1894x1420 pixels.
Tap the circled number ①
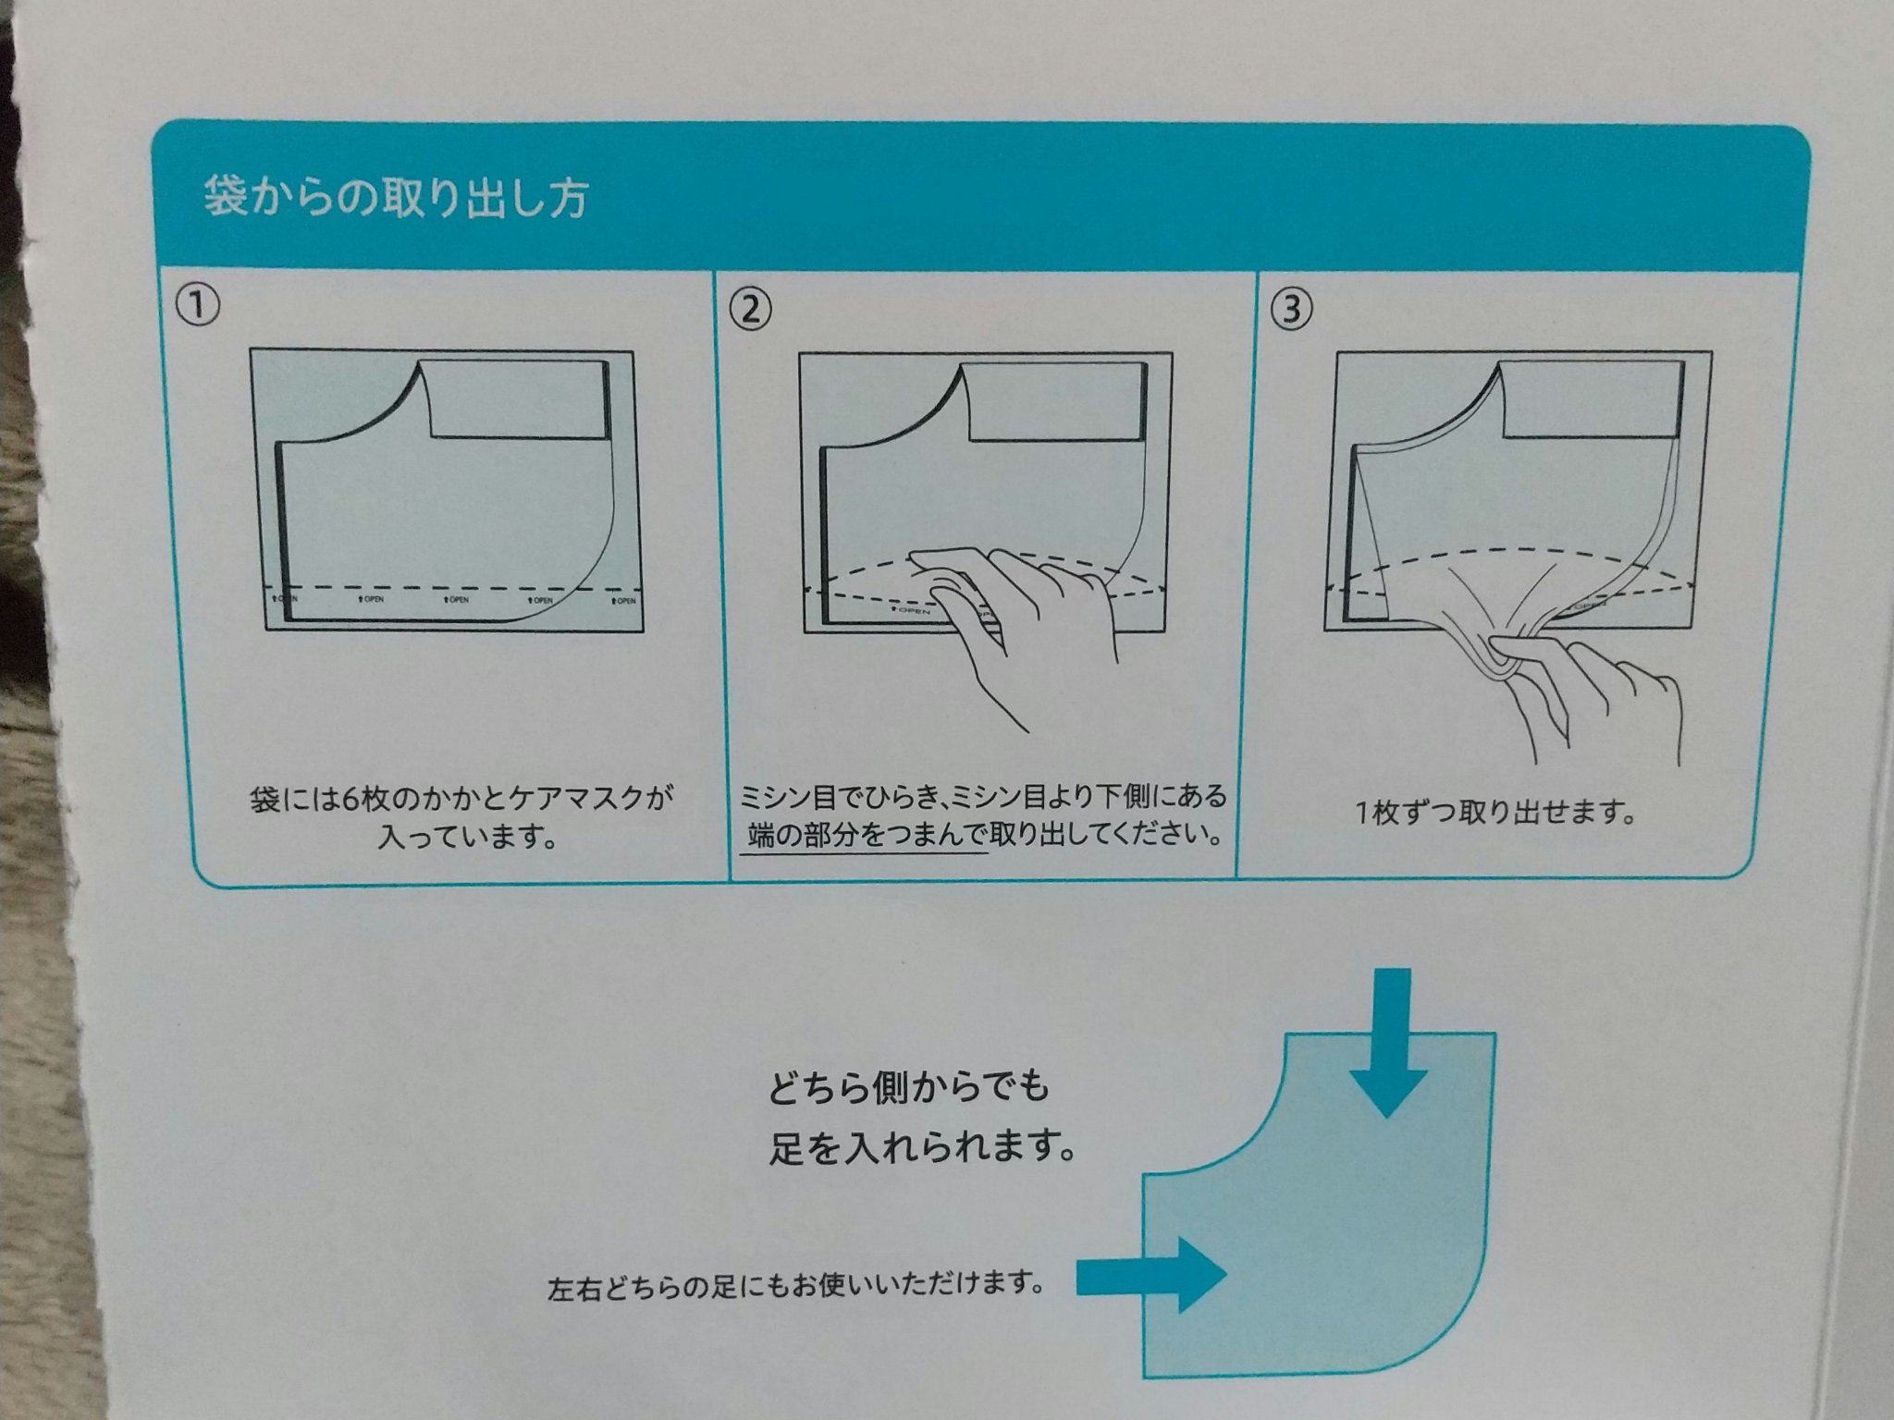[198, 306]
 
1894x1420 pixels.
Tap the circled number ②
[750, 309]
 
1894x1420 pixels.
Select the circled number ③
[1292, 310]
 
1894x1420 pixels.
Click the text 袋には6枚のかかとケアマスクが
[461, 798]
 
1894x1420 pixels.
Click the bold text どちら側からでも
[909, 1087]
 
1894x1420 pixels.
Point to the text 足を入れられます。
[923, 1149]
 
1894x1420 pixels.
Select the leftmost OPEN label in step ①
[284, 600]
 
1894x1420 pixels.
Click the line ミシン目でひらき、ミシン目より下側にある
[983, 796]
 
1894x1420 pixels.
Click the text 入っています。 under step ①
[467, 839]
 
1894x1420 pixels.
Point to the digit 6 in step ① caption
[350, 799]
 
